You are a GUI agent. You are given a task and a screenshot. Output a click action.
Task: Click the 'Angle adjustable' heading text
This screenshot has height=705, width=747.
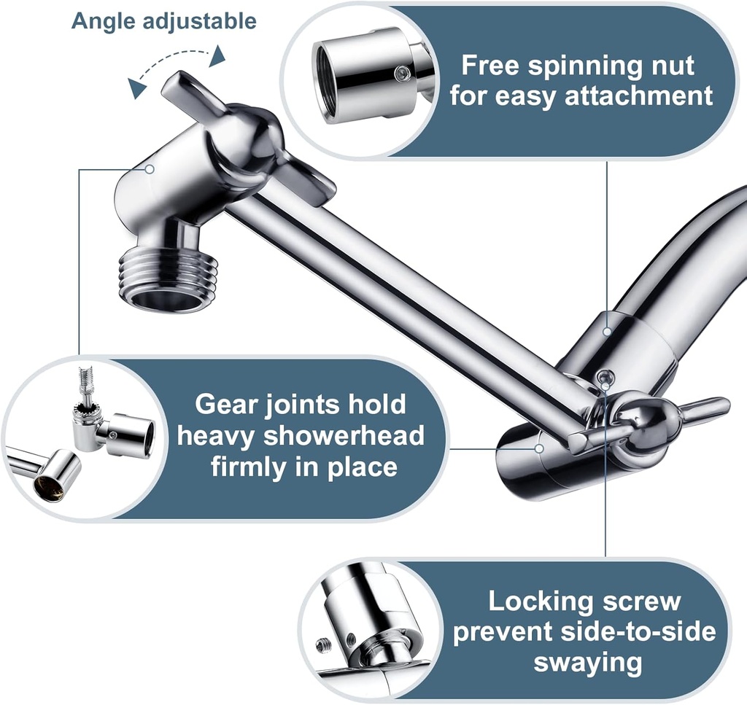tap(163, 21)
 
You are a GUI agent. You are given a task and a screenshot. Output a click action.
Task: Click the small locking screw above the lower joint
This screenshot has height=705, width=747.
tap(603, 378)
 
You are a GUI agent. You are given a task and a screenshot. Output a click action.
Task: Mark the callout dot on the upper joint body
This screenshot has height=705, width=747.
tap(150, 169)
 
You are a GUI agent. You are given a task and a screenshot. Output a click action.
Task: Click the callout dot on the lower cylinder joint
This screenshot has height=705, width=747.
tap(538, 448)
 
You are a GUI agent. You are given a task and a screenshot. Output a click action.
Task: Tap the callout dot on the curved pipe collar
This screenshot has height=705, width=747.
tap(607, 332)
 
